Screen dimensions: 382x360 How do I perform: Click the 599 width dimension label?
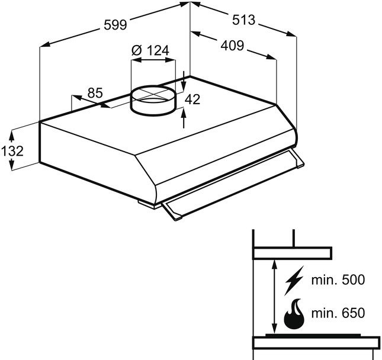coord(115,25)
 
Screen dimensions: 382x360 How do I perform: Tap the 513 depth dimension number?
coord(243,20)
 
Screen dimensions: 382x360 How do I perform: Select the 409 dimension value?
coord(232,46)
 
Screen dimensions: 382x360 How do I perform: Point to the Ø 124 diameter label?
coord(150,50)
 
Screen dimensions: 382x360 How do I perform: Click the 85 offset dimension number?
coord(95,93)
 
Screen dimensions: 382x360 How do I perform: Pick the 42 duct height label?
coord(192,99)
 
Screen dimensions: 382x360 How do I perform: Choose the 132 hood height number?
coord(12,151)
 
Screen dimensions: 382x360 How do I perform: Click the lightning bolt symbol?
coord(294,280)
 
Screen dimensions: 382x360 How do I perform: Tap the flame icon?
coord(294,313)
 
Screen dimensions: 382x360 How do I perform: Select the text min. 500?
coord(338,280)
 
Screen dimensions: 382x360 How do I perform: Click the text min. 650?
coord(338,313)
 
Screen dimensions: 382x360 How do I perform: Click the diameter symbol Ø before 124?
coord(137,50)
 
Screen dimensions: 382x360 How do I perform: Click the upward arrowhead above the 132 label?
coord(11,136)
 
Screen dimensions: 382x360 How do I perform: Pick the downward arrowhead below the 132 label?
coord(11,165)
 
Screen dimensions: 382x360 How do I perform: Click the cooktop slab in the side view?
coord(316,343)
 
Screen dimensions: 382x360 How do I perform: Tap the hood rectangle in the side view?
coord(292,253)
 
